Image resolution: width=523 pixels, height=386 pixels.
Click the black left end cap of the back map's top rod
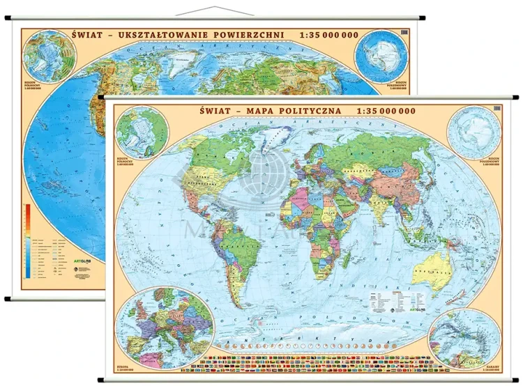click(8, 20)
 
